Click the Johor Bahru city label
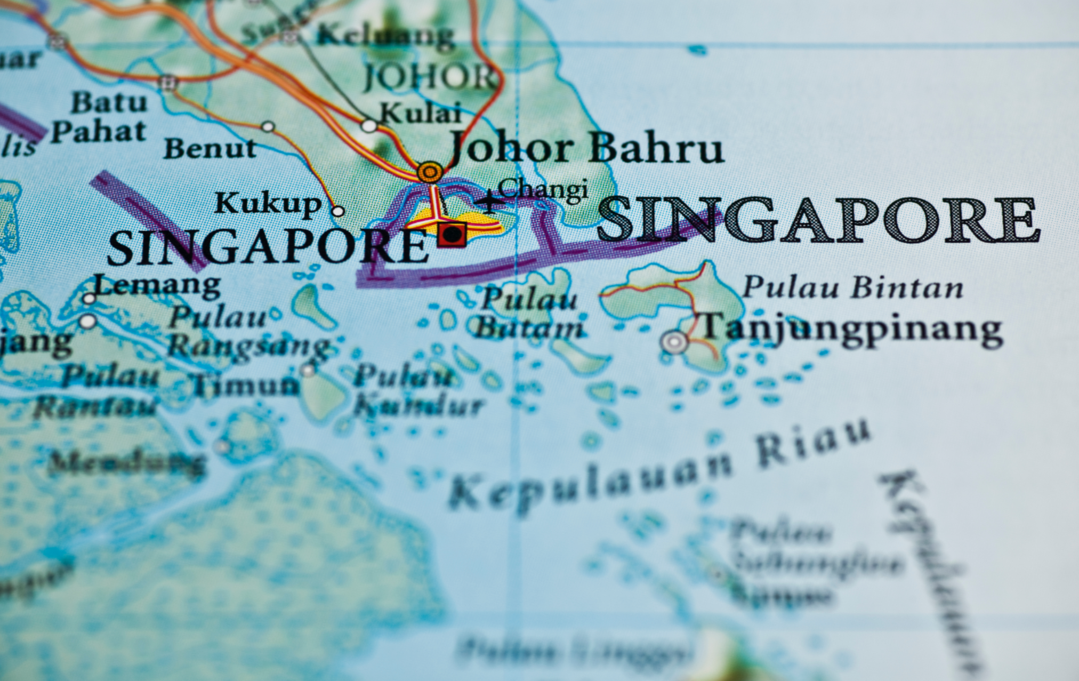(x=586, y=148)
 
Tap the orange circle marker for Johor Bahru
(x=430, y=172)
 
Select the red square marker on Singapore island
(x=452, y=234)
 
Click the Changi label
(x=543, y=190)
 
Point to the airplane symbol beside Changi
(x=489, y=202)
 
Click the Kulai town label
(x=420, y=113)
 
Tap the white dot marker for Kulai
(x=369, y=126)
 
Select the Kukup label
(x=268, y=204)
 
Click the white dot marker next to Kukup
(x=337, y=211)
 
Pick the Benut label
(x=210, y=149)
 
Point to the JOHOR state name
(x=430, y=77)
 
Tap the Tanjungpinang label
(x=851, y=328)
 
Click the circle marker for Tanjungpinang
(x=674, y=341)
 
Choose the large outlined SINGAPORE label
(x=818, y=220)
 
